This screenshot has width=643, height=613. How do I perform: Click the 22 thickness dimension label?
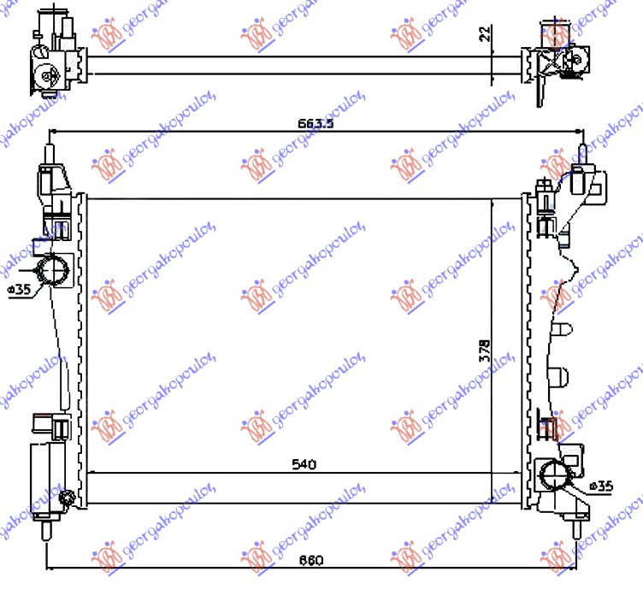tap(484, 34)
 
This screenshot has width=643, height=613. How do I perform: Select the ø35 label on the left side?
tap(18, 290)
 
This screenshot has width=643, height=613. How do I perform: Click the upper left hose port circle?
tap(55, 271)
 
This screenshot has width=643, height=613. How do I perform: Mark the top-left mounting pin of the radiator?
tap(50, 154)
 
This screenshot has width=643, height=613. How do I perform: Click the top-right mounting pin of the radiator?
tap(583, 154)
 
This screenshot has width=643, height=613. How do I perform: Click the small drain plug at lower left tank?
tap(68, 498)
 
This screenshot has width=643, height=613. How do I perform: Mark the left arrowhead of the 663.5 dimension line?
tap(55, 132)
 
